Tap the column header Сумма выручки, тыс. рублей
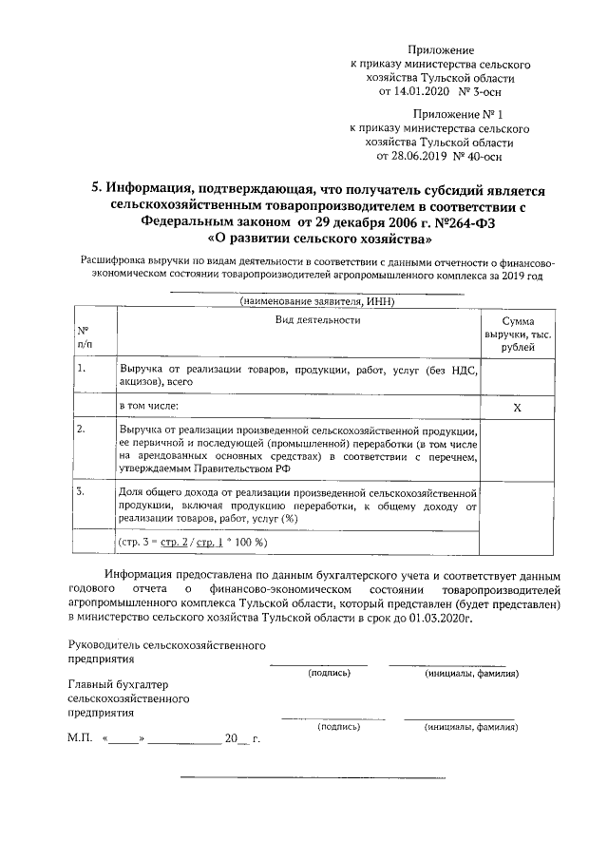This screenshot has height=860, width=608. pyautogui.click(x=518, y=334)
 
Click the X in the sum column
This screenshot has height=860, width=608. pyautogui.click(x=518, y=407)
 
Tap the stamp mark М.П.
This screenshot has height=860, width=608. pyautogui.click(x=79, y=738)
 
